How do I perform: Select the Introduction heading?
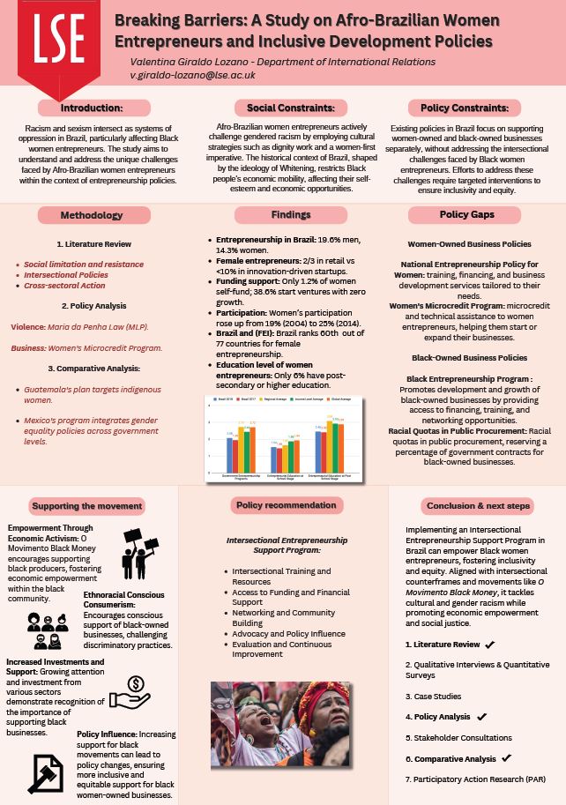click(x=91, y=108)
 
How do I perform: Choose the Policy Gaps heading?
click(x=465, y=215)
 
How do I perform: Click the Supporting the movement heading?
click(x=86, y=505)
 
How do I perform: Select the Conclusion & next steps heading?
click(x=478, y=506)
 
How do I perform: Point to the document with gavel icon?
click(x=44, y=773)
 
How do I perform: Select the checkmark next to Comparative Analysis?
click(x=506, y=758)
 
